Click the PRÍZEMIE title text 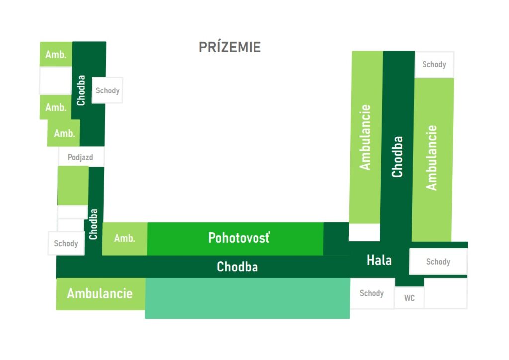click(230, 47)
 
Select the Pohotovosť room click(235, 239)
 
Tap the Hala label click(379, 260)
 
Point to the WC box click(409, 298)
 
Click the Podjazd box click(81, 157)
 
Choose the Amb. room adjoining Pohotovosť click(125, 239)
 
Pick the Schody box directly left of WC click(372, 293)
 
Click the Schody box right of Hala click(438, 262)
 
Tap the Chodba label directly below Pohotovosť click(237, 267)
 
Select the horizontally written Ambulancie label click(99, 293)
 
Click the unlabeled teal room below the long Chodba click(248, 298)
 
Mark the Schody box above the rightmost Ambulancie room click(434, 64)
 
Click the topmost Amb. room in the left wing click(56, 54)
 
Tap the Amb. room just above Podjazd click(64, 133)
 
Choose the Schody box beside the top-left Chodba click(107, 90)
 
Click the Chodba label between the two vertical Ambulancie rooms click(397, 157)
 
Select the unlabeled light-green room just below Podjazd click(73, 185)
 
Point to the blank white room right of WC click(446, 293)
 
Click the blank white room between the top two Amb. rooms click(56, 81)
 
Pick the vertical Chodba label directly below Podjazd click(93, 224)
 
